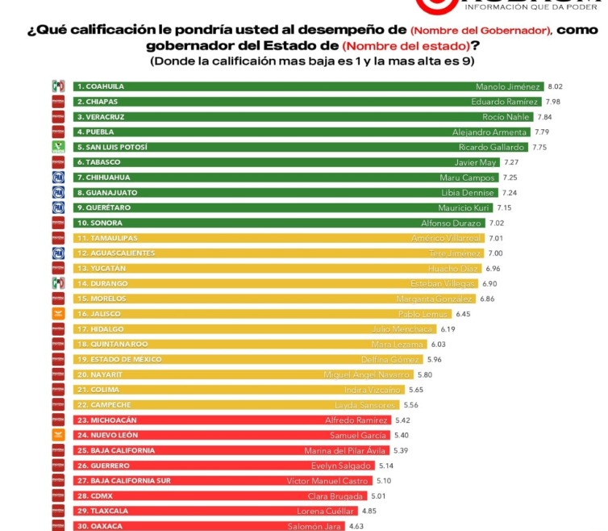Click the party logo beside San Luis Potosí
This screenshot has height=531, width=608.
[58, 147]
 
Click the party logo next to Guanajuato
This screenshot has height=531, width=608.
[58, 193]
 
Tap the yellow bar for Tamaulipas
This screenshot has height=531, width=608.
[266, 238]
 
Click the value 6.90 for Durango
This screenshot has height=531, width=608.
[489, 283]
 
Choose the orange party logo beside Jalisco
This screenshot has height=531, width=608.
[58, 314]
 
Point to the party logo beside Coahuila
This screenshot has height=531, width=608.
[58, 86]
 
